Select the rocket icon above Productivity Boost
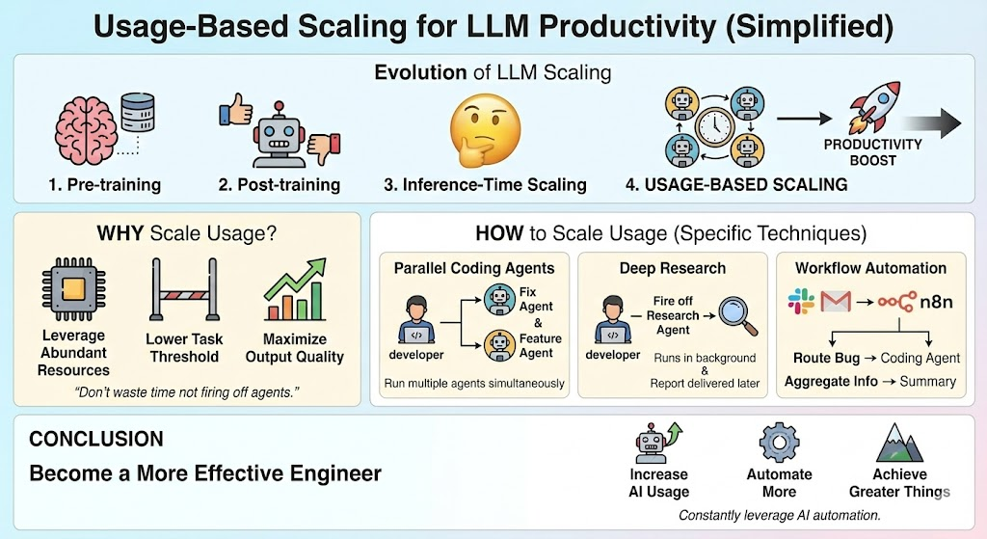(871, 107)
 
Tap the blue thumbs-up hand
(237, 109)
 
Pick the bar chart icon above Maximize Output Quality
(294, 293)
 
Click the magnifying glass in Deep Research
(737, 317)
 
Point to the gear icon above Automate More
(779, 443)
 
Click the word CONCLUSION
(95, 440)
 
